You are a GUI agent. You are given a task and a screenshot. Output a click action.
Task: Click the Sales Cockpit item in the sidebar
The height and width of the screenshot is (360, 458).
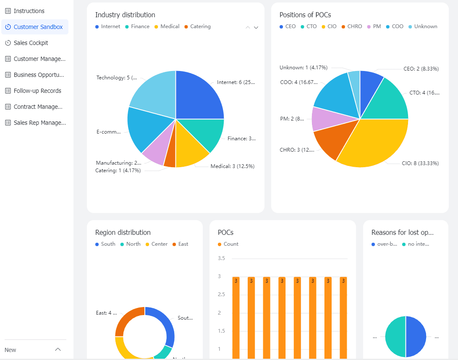pyautogui.click(x=31, y=43)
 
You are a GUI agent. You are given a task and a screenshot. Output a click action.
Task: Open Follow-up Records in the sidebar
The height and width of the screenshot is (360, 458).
pyautogui.click(x=37, y=91)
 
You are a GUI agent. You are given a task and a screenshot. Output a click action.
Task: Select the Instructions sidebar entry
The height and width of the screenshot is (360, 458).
pyautogui.click(x=29, y=11)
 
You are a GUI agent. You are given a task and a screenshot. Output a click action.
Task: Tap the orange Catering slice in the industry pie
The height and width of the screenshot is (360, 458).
pyautogui.click(x=170, y=160)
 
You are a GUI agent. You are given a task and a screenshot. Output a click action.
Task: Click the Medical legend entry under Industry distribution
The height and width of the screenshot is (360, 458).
pyautogui.click(x=167, y=26)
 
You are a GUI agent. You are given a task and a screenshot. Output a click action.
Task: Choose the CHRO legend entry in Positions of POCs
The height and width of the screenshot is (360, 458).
pyautogui.click(x=351, y=26)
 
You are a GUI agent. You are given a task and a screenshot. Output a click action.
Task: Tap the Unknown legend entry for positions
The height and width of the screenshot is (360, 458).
pyautogui.click(x=422, y=26)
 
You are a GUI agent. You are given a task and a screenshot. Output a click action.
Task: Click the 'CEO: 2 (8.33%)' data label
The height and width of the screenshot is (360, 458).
pyautogui.click(x=421, y=68)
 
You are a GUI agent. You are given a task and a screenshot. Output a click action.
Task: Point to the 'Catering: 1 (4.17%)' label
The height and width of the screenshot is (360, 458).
pyautogui.click(x=118, y=171)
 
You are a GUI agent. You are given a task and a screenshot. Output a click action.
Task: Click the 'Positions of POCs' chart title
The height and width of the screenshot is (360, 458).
pyautogui.click(x=305, y=15)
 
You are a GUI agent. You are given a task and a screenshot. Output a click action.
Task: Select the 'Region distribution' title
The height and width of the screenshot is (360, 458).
pyautogui.click(x=123, y=233)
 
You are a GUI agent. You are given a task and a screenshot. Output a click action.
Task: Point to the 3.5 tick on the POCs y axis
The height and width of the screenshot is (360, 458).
pyautogui.click(x=221, y=258)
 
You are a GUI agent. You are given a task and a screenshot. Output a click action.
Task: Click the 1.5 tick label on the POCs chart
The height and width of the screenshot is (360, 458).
pyautogui.click(x=221, y=331)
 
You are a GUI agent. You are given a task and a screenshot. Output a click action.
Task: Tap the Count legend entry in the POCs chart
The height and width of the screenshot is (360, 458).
pyautogui.click(x=228, y=244)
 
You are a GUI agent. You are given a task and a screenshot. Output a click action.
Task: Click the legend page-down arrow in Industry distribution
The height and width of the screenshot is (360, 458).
pyautogui.click(x=256, y=28)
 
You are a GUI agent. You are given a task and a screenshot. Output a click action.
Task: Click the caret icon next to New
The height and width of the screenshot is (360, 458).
pyautogui.click(x=58, y=349)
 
